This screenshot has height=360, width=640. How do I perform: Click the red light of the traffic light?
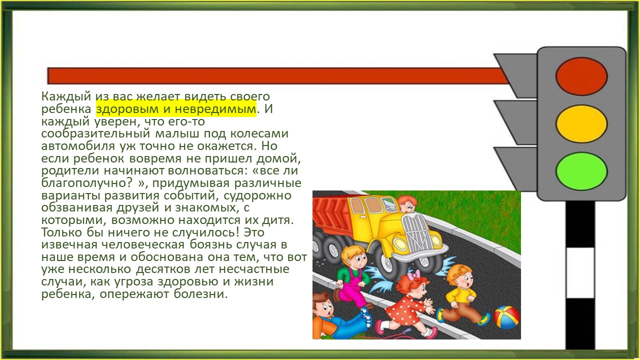click(581, 76)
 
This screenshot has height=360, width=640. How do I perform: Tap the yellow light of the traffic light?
click(581, 123)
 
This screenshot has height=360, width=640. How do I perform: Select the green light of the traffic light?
click(581, 171)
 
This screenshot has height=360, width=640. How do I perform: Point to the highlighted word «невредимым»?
click(215, 109)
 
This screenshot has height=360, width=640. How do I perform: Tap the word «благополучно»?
click(84, 183)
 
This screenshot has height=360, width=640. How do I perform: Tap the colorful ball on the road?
click(506, 317)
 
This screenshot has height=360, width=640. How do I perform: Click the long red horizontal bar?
click(277, 75)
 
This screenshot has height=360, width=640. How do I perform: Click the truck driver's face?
click(407, 203)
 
